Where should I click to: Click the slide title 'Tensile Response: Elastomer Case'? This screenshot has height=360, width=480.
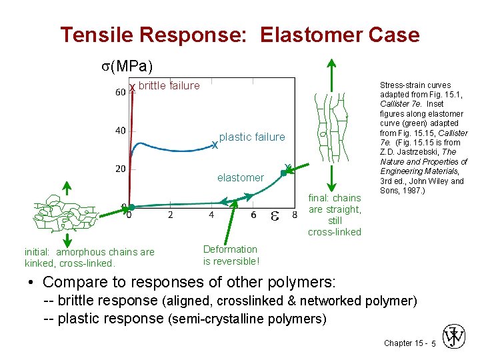tap(240, 35)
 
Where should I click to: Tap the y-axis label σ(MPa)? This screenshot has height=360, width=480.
tap(127, 66)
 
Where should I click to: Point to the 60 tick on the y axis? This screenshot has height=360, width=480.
tap(121, 92)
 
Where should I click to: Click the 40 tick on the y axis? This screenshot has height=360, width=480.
tap(121, 131)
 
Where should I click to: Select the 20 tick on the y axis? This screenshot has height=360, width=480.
tap(121, 169)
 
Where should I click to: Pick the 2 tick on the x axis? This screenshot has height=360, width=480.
tap(170, 215)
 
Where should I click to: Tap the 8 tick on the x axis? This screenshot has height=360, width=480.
tap(295, 215)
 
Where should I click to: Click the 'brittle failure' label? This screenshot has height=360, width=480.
tap(169, 85)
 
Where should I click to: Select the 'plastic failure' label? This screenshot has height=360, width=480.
tap(251, 137)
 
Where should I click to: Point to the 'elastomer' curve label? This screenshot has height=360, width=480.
tap(240, 177)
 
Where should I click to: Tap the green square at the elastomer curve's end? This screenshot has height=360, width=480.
tap(283, 173)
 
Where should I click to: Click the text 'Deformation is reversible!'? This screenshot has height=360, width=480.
tap(231, 255)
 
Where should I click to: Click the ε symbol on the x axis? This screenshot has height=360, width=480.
tap(275, 215)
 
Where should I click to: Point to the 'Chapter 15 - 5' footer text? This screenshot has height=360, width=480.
tap(409, 343)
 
